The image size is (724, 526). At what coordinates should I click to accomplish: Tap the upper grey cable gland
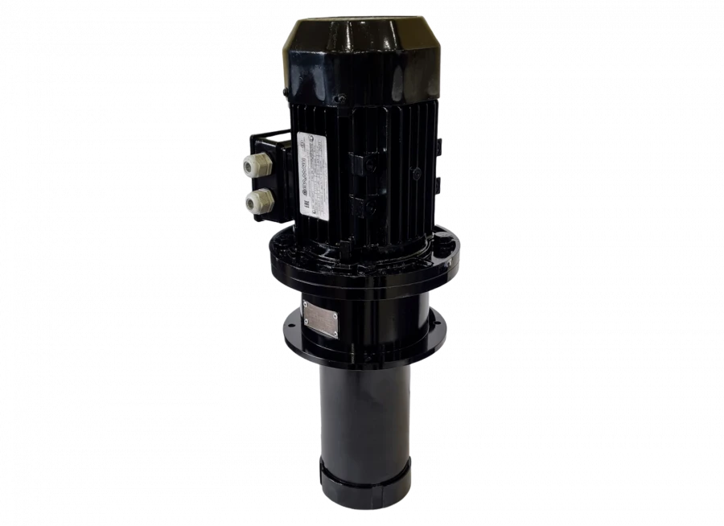click(252, 166)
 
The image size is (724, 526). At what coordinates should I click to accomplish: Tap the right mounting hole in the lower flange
click(438, 330)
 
